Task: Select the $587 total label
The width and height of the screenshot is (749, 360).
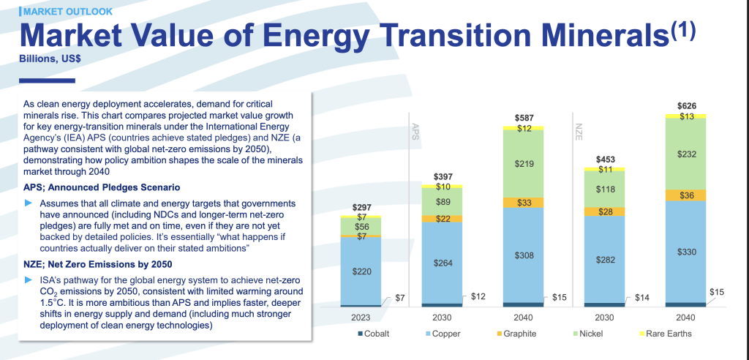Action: (x=524, y=118)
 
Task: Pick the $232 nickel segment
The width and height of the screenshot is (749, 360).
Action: (x=685, y=154)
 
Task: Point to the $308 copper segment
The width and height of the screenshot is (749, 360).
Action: (x=524, y=255)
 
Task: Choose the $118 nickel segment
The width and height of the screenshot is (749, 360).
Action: (x=605, y=189)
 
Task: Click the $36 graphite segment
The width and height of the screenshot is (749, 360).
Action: (x=685, y=195)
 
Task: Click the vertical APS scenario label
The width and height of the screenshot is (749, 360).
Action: (x=416, y=130)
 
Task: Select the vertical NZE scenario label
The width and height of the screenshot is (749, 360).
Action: (x=577, y=130)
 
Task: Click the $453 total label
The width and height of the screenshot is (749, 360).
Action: (x=605, y=159)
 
